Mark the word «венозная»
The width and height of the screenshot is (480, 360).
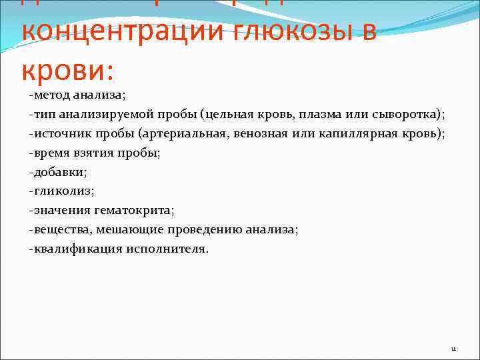tap(256, 133)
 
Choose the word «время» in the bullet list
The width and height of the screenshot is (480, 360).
tap(49, 153)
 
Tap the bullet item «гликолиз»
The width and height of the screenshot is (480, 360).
tap(62, 191)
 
